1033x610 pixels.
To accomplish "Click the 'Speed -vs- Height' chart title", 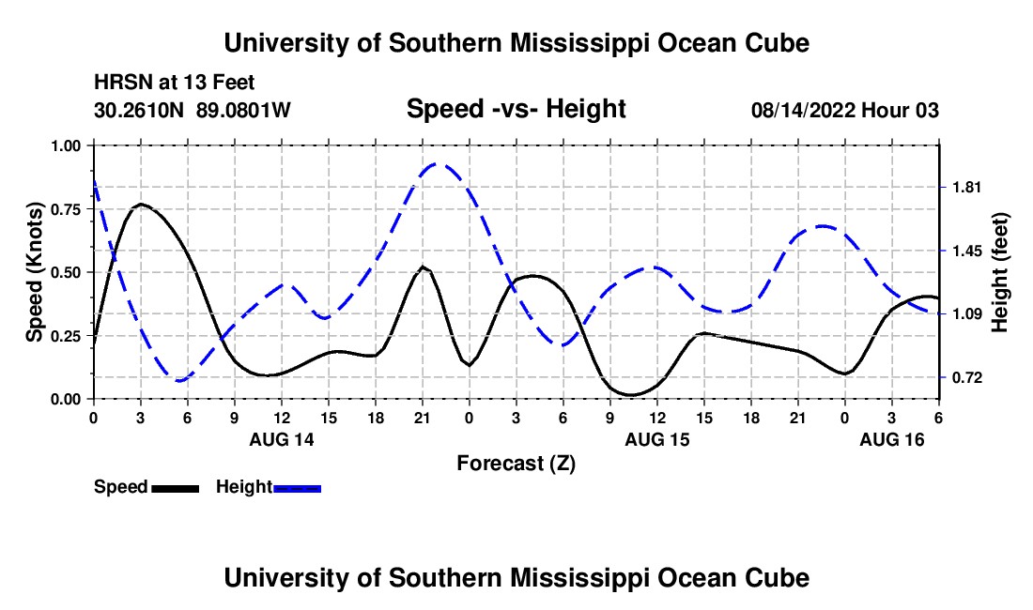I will pyautogui.click(x=516, y=109).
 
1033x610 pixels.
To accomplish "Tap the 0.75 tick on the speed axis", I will pyautogui.click(x=69, y=209).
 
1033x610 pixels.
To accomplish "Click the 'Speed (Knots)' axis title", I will pyautogui.click(x=34, y=272).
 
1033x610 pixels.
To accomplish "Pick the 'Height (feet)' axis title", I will pyautogui.click(x=999, y=272).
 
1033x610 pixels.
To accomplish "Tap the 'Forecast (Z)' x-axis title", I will pyautogui.click(x=516, y=463).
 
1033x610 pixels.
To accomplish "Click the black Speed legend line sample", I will pyautogui.click(x=175, y=488).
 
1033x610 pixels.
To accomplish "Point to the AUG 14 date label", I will pyautogui.click(x=282, y=439).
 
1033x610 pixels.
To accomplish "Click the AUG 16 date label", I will pyautogui.click(x=892, y=439).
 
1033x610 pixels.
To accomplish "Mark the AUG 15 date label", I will pyautogui.click(x=656, y=439).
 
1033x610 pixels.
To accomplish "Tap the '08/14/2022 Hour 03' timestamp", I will pyautogui.click(x=844, y=110).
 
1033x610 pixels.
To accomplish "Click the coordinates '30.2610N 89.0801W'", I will pyautogui.click(x=193, y=110).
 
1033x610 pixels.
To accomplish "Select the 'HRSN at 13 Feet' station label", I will pyautogui.click(x=175, y=83).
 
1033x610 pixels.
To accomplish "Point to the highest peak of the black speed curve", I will pyautogui.click(x=141, y=204).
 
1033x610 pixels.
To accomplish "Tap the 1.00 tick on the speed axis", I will pyautogui.click(x=69, y=145).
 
